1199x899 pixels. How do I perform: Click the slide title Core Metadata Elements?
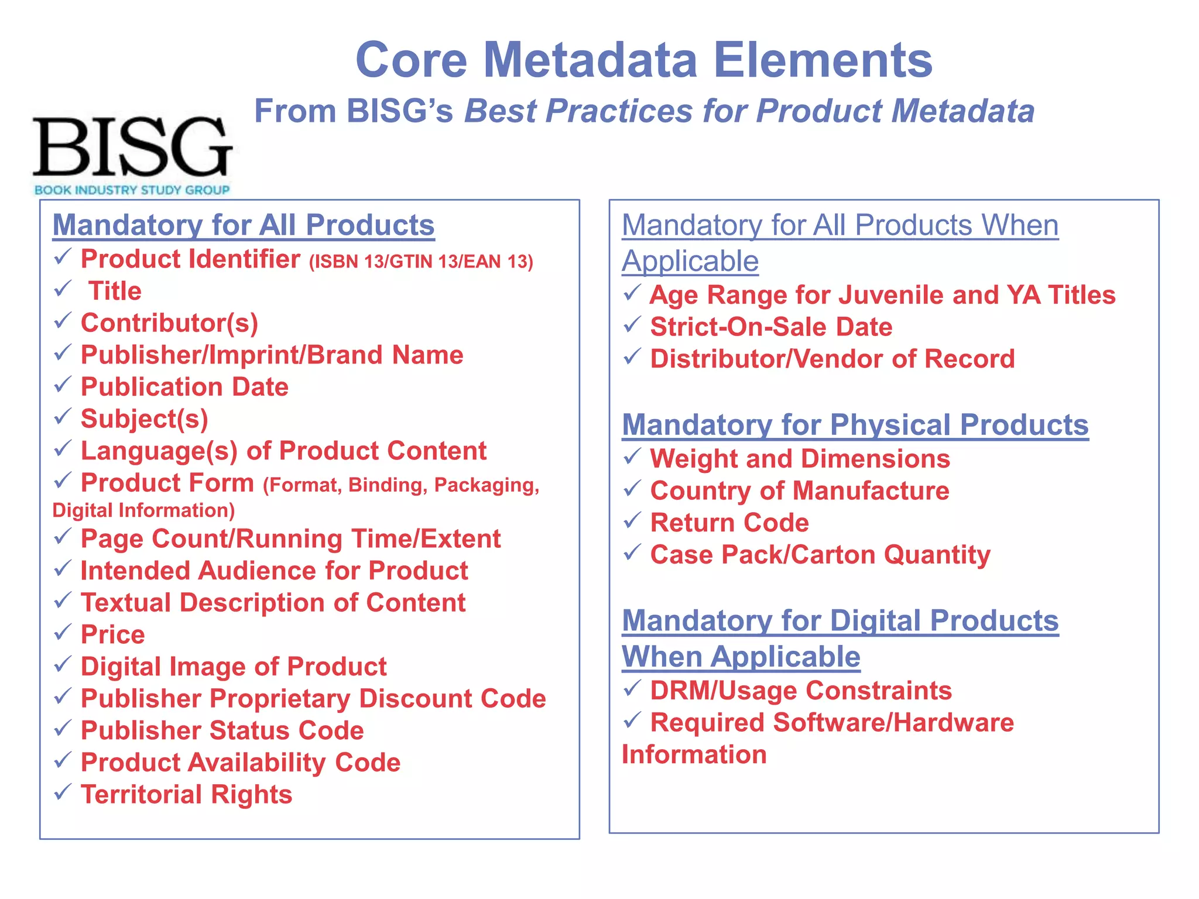(x=643, y=60)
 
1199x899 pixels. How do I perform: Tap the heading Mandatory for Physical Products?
(x=855, y=425)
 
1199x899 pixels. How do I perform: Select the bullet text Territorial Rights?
(x=186, y=794)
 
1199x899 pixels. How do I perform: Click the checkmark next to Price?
(x=63, y=633)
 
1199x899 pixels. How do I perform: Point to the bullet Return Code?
(x=729, y=523)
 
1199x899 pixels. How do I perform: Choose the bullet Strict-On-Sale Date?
(x=770, y=327)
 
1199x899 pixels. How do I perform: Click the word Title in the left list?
(x=115, y=291)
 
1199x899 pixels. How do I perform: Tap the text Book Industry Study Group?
(x=132, y=190)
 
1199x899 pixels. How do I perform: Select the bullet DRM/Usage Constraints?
(x=800, y=691)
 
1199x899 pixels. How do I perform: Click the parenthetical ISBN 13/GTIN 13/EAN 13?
(x=421, y=262)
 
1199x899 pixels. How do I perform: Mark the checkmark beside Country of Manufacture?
(x=632, y=489)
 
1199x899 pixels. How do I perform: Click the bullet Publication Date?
(x=184, y=387)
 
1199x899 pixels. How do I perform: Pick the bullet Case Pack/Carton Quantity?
(x=820, y=555)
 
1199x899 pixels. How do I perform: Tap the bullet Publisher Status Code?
(x=222, y=730)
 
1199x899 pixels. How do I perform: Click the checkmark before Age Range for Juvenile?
(x=632, y=293)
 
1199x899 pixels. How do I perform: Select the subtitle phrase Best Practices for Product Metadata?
(x=749, y=111)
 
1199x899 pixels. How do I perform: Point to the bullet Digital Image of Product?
(x=233, y=667)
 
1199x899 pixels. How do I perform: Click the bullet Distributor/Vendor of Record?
(x=832, y=359)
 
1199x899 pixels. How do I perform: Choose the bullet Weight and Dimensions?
(x=800, y=459)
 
